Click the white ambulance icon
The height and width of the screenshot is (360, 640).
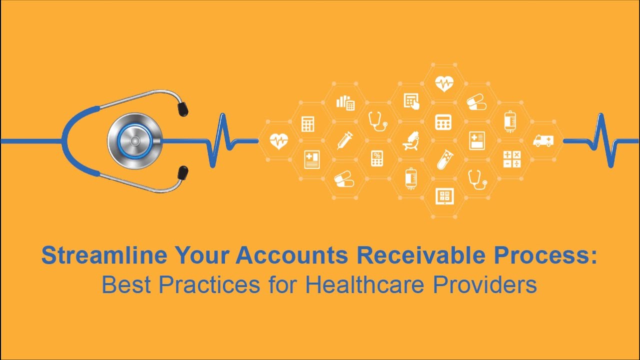point(543,140)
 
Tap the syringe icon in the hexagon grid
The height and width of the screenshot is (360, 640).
point(344,140)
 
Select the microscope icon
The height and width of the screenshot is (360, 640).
point(410,140)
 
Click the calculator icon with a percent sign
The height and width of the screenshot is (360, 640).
point(377,158)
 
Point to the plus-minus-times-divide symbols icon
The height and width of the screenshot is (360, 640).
point(511,159)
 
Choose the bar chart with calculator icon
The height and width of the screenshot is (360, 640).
point(345,102)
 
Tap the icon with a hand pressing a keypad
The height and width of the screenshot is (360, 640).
point(411,101)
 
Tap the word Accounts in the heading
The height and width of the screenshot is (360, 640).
point(292,255)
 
